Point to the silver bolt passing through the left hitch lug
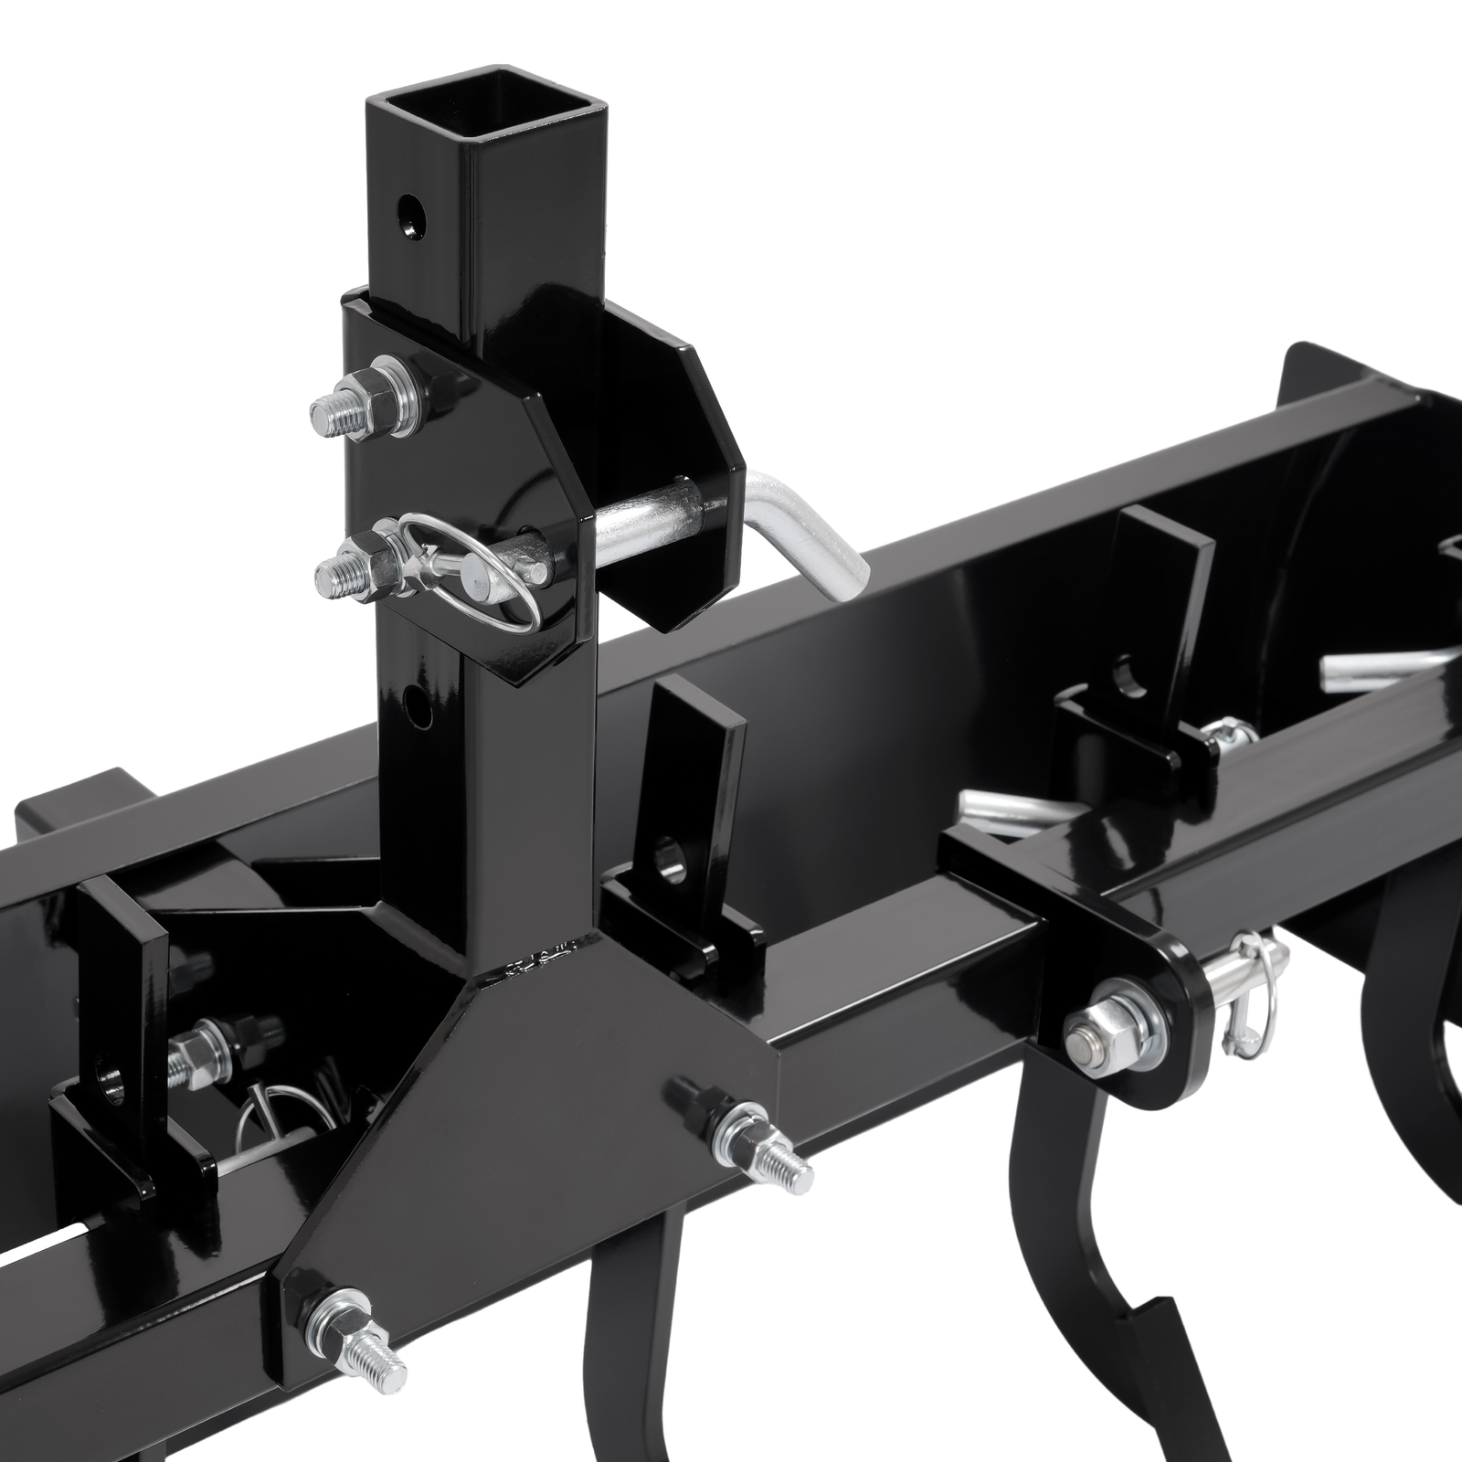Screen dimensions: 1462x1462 coord(196,1051)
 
